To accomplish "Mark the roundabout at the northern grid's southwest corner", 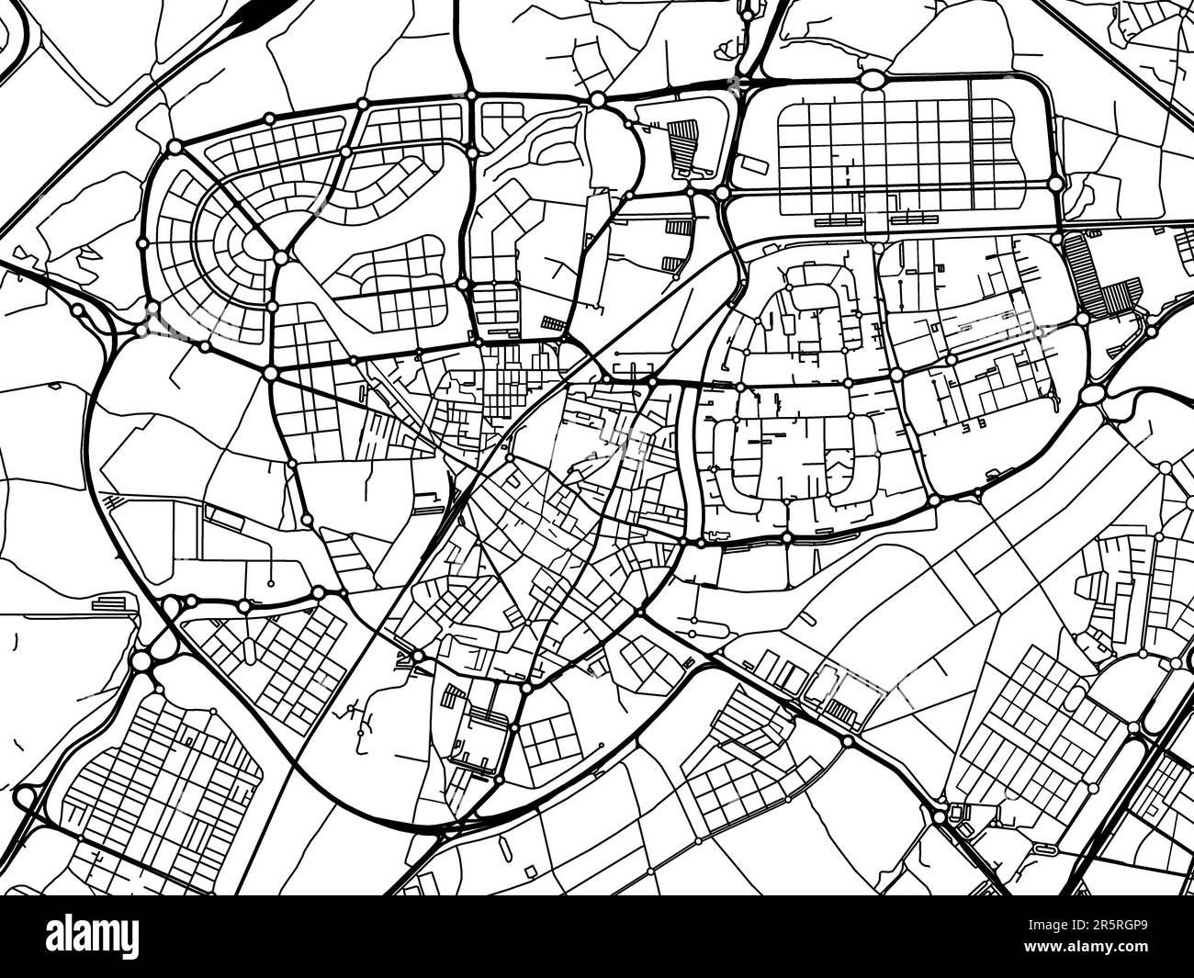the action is (723, 193).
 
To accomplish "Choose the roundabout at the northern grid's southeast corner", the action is (1055, 185).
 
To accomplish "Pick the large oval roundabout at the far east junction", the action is (1093, 395).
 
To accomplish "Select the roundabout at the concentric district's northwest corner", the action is (175, 147).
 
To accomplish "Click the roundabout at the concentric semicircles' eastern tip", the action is (280, 258).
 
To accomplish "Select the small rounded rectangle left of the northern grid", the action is (751, 165).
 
